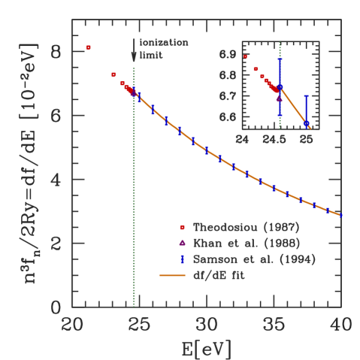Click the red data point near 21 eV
click(89, 47)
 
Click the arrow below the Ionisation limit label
click(134, 55)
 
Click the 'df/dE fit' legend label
click(218, 276)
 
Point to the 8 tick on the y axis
click(59, 52)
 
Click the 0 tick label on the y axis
click(59, 307)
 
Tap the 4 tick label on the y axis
click(59, 180)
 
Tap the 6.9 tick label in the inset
click(228, 55)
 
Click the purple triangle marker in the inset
click(280, 98)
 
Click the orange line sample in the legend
click(172, 276)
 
